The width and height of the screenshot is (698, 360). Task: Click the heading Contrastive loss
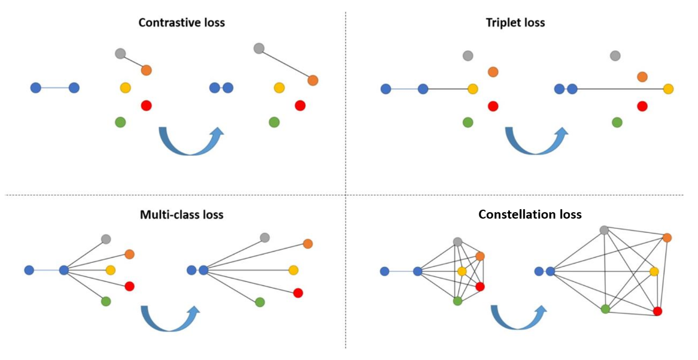(181, 23)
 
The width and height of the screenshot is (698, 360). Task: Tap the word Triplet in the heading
(503, 23)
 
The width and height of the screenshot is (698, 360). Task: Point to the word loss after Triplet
(534, 23)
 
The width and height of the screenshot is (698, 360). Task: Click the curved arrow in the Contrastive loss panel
(190, 143)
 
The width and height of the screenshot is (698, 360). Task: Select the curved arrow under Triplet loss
(536, 143)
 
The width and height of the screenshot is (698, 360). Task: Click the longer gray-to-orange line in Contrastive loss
(286, 64)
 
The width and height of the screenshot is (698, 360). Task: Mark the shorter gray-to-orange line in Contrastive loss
(133, 62)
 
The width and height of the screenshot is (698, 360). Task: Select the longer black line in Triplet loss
(620, 89)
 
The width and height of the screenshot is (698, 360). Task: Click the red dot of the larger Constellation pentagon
(657, 311)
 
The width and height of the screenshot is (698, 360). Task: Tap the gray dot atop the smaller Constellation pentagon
(458, 242)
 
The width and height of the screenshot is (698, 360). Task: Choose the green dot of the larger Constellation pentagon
(605, 308)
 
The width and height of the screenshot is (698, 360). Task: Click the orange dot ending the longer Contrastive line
(312, 80)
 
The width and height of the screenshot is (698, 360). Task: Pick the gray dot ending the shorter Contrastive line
(120, 53)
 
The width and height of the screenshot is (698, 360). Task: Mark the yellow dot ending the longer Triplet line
(668, 89)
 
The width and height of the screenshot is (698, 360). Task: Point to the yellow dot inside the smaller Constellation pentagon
(462, 271)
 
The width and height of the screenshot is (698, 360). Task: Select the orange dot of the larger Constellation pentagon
(667, 238)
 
